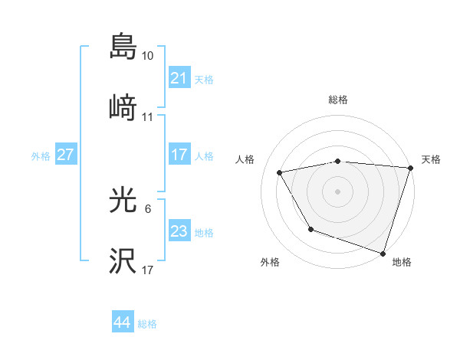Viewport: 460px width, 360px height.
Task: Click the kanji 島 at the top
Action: [x=123, y=47]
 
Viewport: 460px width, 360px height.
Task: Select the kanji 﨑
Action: [x=123, y=109]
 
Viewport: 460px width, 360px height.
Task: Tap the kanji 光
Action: [x=123, y=201]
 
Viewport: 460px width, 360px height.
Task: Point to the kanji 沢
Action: [x=123, y=261]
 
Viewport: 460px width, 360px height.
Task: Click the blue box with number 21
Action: [x=179, y=78]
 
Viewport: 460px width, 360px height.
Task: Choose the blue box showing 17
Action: [x=179, y=155]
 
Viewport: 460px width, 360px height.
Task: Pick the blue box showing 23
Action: [x=179, y=231]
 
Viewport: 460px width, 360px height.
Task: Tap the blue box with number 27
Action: [x=65, y=155]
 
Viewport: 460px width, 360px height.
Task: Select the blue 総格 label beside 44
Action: [x=147, y=324]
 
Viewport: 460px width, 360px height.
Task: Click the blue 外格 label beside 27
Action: [x=41, y=155]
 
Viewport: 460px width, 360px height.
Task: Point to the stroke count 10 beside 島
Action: [x=148, y=56]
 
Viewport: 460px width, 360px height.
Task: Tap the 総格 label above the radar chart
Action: [x=338, y=100]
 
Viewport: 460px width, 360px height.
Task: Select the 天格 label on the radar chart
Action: [x=431, y=159]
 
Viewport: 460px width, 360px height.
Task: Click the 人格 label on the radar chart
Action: [x=245, y=159]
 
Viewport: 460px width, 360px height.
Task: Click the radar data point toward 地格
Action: [x=383, y=253]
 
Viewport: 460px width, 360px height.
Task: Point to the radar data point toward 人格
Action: [x=281, y=172]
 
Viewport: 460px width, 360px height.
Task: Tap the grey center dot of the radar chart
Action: [x=338, y=191]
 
